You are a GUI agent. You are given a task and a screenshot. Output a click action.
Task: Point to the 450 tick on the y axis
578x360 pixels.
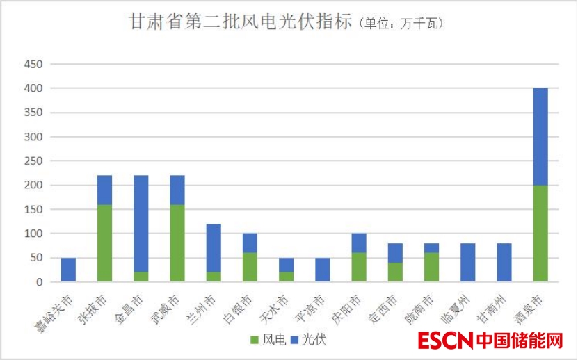(x=34, y=65)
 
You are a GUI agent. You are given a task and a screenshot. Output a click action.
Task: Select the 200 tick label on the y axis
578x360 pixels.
(x=34, y=186)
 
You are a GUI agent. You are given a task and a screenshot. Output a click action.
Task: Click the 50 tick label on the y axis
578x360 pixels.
(x=37, y=258)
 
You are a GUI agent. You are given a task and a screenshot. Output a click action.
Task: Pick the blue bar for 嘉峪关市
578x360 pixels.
(x=68, y=270)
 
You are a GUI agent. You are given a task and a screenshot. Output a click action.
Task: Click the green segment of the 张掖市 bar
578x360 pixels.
(x=104, y=243)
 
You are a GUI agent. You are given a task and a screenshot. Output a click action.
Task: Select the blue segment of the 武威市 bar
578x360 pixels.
(x=177, y=190)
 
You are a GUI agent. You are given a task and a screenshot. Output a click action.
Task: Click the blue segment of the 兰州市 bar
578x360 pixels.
(x=213, y=248)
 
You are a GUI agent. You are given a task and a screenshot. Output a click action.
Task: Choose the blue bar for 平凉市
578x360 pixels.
(x=321, y=270)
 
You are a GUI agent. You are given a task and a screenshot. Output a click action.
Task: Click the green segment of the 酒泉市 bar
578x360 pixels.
(x=540, y=234)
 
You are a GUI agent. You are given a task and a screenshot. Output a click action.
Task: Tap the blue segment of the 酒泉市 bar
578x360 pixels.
(x=540, y=137)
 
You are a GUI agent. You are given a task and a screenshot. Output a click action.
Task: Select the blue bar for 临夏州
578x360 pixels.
(x=468, y=263)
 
